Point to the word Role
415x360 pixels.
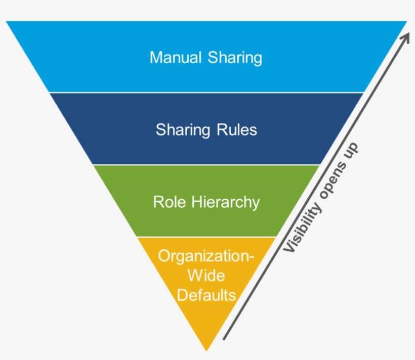pos(171,202)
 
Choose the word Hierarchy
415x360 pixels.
pos(226,203)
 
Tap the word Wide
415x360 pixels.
pos(206,276)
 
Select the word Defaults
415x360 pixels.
pos(206,294)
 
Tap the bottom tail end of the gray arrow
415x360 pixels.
pos(224,339)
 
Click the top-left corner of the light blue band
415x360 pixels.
pos(7,22)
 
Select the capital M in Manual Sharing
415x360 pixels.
pos(155,57)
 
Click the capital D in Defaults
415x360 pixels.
pos(181,294)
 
